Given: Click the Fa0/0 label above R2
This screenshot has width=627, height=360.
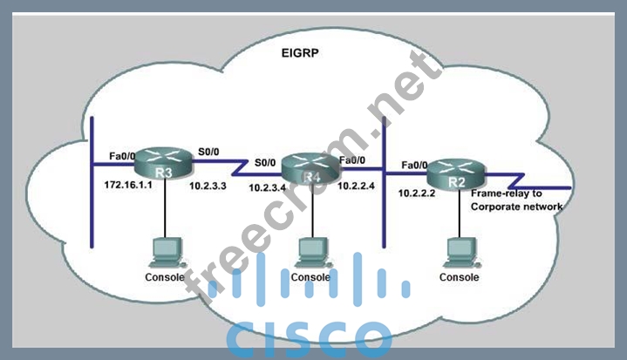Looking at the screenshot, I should click(413, 163).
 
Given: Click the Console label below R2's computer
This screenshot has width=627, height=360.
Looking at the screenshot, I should click(459, 277).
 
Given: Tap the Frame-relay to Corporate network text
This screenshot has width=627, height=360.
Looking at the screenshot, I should click(515, 200).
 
